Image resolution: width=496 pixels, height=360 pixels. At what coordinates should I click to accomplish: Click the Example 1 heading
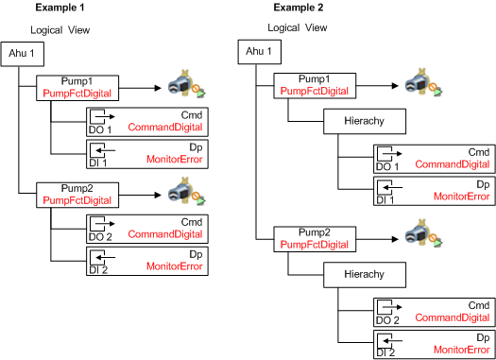coord(60,8)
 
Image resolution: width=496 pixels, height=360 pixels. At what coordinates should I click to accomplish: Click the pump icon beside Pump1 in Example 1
coord(186,84)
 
